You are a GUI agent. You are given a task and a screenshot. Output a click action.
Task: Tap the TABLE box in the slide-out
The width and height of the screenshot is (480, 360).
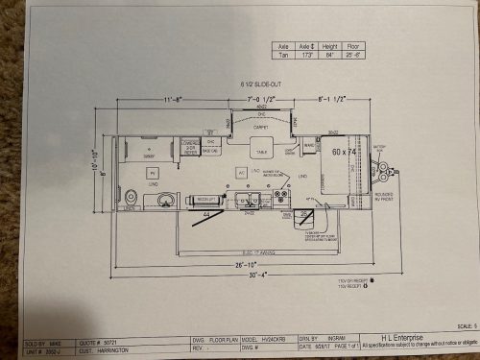260,152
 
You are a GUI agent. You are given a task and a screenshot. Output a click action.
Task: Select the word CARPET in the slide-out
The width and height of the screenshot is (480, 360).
259,125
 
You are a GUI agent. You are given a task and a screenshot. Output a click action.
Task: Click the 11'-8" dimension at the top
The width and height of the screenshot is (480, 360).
174,98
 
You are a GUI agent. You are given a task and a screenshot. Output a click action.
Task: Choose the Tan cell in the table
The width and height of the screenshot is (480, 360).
282,54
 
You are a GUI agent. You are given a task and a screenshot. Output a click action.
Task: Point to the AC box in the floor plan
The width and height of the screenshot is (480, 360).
241,172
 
